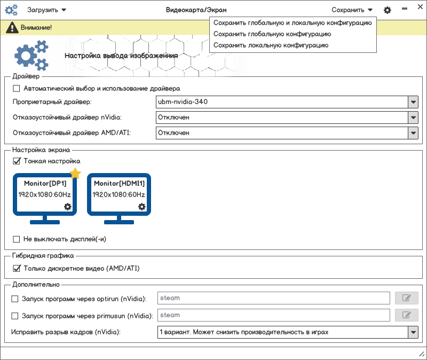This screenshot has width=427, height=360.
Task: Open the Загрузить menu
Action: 46,10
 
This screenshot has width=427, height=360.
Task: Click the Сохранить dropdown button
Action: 352,10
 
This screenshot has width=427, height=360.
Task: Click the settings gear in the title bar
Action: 388,10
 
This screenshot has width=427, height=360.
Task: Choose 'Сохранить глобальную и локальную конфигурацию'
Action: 292,23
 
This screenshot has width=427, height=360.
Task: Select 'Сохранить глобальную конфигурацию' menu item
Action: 272,34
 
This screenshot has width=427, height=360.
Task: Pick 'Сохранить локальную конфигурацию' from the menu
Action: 271,45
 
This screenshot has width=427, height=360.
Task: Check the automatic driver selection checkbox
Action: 16,88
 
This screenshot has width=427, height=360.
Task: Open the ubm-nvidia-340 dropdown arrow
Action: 413,101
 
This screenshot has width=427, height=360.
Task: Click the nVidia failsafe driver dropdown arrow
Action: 413,118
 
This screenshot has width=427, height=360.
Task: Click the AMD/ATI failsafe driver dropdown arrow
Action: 413,133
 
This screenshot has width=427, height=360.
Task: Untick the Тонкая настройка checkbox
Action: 16,161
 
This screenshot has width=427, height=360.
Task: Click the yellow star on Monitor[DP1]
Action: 75,174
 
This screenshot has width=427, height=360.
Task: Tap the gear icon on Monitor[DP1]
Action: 67,207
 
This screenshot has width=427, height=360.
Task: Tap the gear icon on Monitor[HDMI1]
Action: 141,207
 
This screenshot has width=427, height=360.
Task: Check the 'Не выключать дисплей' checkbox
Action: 16,239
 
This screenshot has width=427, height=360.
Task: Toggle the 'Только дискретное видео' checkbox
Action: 16,268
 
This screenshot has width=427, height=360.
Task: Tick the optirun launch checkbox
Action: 15,299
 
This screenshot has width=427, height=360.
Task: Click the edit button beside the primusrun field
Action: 406,315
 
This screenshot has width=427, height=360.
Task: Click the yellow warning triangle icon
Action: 11,27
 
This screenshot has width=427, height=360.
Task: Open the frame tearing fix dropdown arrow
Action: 413,332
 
